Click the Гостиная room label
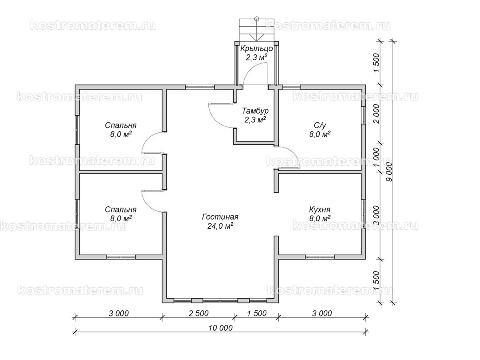click(220, 217)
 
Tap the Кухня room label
click(320, 210)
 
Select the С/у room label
click(320, 126)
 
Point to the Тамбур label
click(255, 111)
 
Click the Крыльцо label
click(256, 48)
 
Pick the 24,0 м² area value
click(220, 226)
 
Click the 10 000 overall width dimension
click(220, 328)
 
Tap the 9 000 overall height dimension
click(389, 172)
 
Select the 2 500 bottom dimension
click(198, 314)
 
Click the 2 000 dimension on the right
click(376, 114)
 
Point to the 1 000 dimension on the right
click(376, 157)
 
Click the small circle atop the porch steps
click(257, 19)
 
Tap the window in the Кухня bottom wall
click(320, 257)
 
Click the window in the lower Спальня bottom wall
click(121, 257)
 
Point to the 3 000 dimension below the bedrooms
click(119, 314)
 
